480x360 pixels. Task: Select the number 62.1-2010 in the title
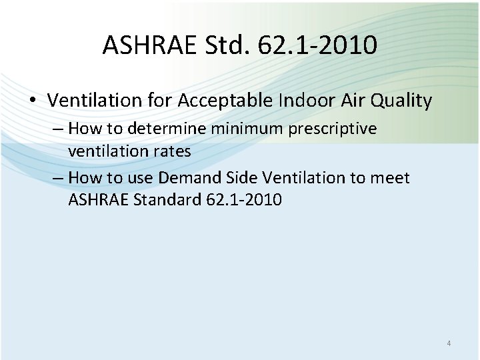click(x=323, y=45)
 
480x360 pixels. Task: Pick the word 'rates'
click(x=173, y=151)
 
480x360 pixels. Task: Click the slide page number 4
click(x=449, y=343)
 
